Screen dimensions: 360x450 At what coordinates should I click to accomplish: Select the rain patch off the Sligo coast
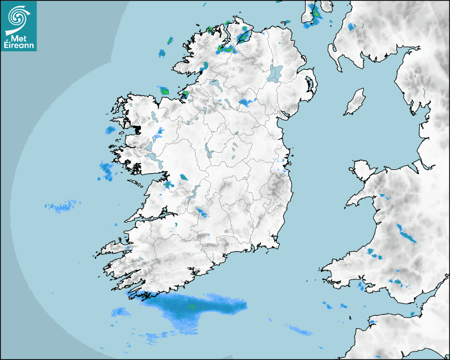(164, 91)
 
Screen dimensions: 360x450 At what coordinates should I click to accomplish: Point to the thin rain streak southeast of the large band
(300, 331)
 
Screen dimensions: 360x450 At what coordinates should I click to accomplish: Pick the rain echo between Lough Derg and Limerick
(202, 212)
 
